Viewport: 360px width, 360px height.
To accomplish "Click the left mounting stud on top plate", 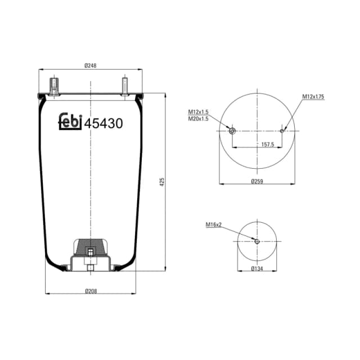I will click(55, 87).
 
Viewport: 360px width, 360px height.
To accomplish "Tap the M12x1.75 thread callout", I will click(313, 97).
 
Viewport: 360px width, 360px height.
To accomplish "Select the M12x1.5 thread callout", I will click(198, 112).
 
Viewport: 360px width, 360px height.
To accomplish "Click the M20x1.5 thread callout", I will click(198, 119).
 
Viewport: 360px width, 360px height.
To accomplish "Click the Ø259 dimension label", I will click(257, 181).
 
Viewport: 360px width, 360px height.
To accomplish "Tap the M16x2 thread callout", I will click(214, 224).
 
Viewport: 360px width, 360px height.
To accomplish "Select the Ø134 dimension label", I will click(257, 269).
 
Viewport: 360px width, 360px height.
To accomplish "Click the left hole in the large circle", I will click(232, 131).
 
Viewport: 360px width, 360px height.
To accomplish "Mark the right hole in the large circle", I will click(282, 131).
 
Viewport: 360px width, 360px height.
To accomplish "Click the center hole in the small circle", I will click(257, 241).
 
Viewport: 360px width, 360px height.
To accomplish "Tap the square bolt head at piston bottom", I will click(90, 268).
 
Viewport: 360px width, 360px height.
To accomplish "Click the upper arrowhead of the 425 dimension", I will click(165, 95).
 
